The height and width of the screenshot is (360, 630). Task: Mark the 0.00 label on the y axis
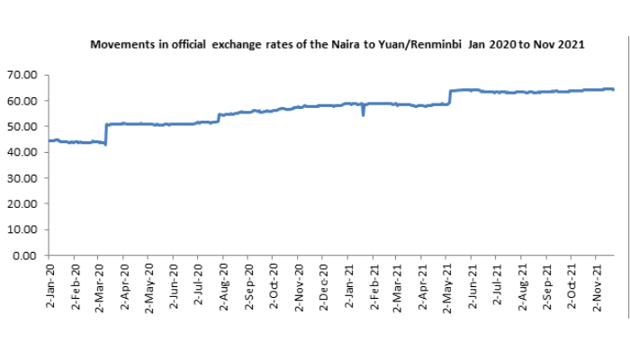pos(28,256)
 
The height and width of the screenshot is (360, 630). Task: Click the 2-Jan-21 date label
pos(348,286)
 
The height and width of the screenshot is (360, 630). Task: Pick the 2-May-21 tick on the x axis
pos(447,286)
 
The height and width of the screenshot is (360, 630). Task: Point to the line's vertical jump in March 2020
pos(106,133)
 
